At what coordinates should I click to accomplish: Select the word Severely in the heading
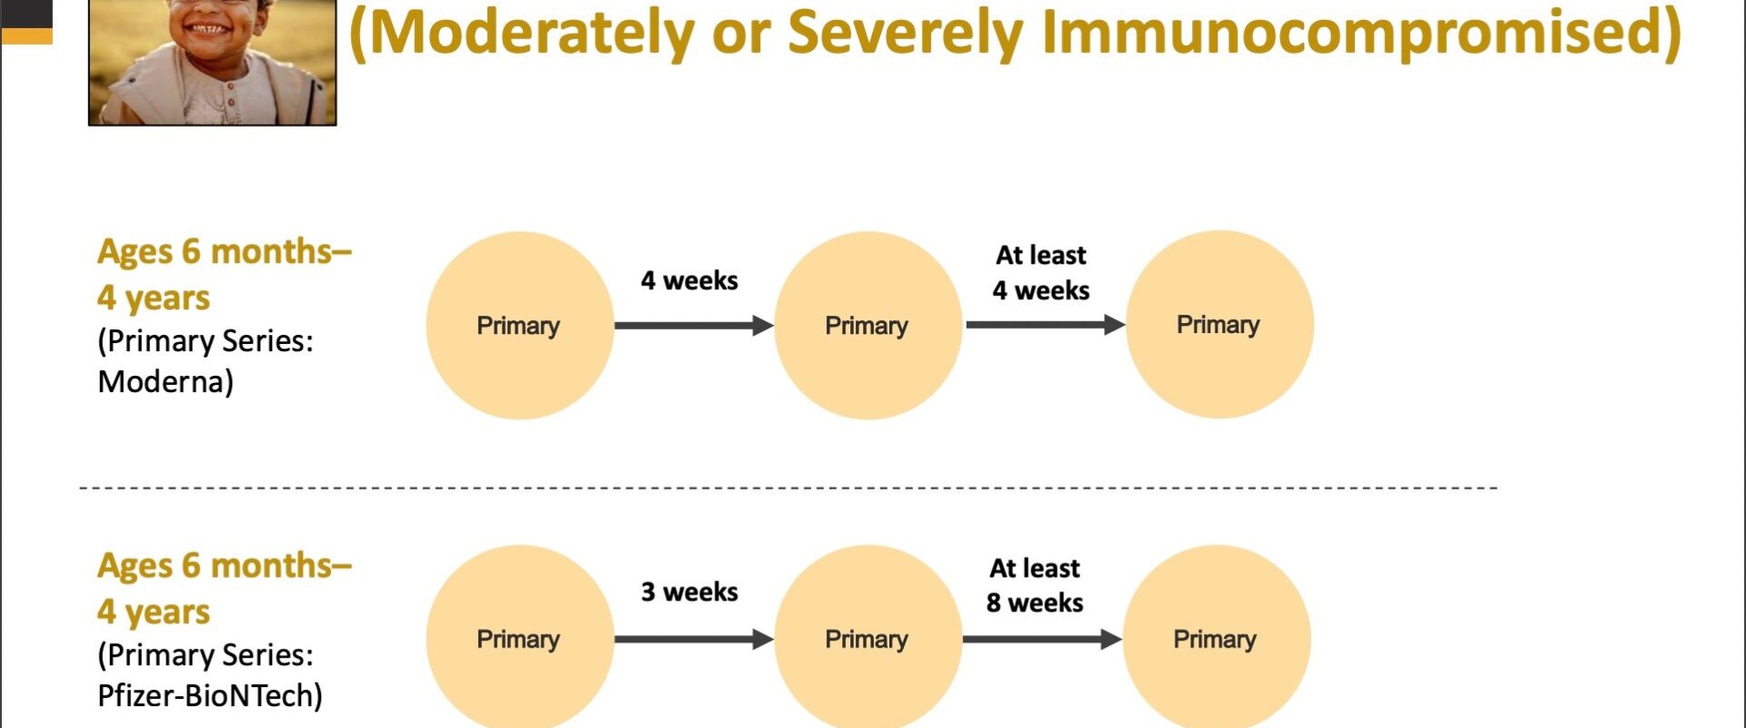point(905,32)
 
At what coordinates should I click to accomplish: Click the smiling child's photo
point(213,62)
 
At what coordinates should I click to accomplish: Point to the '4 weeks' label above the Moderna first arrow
point(689,280)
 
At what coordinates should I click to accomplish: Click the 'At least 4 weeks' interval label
point(1041,273)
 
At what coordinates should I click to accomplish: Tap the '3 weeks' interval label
point(689,591)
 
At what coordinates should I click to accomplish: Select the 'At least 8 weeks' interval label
point(1035,585)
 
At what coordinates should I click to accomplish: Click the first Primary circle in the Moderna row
point(520,326)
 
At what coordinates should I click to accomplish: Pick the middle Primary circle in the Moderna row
point(868,326)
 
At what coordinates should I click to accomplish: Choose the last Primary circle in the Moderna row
point(1220,325)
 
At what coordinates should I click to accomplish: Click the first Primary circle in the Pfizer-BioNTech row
point(520,639)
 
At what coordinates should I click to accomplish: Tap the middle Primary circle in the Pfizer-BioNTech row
point(868,639)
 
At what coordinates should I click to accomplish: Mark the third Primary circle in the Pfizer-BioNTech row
point(1217,639)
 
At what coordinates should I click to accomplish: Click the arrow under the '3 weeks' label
point(694,640)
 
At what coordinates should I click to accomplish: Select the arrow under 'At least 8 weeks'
point(1042,640)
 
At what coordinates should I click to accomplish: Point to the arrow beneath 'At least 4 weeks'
point(1046,325)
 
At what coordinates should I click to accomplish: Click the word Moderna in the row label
point(160,381)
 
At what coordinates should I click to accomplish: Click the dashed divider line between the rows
point(788,489)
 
